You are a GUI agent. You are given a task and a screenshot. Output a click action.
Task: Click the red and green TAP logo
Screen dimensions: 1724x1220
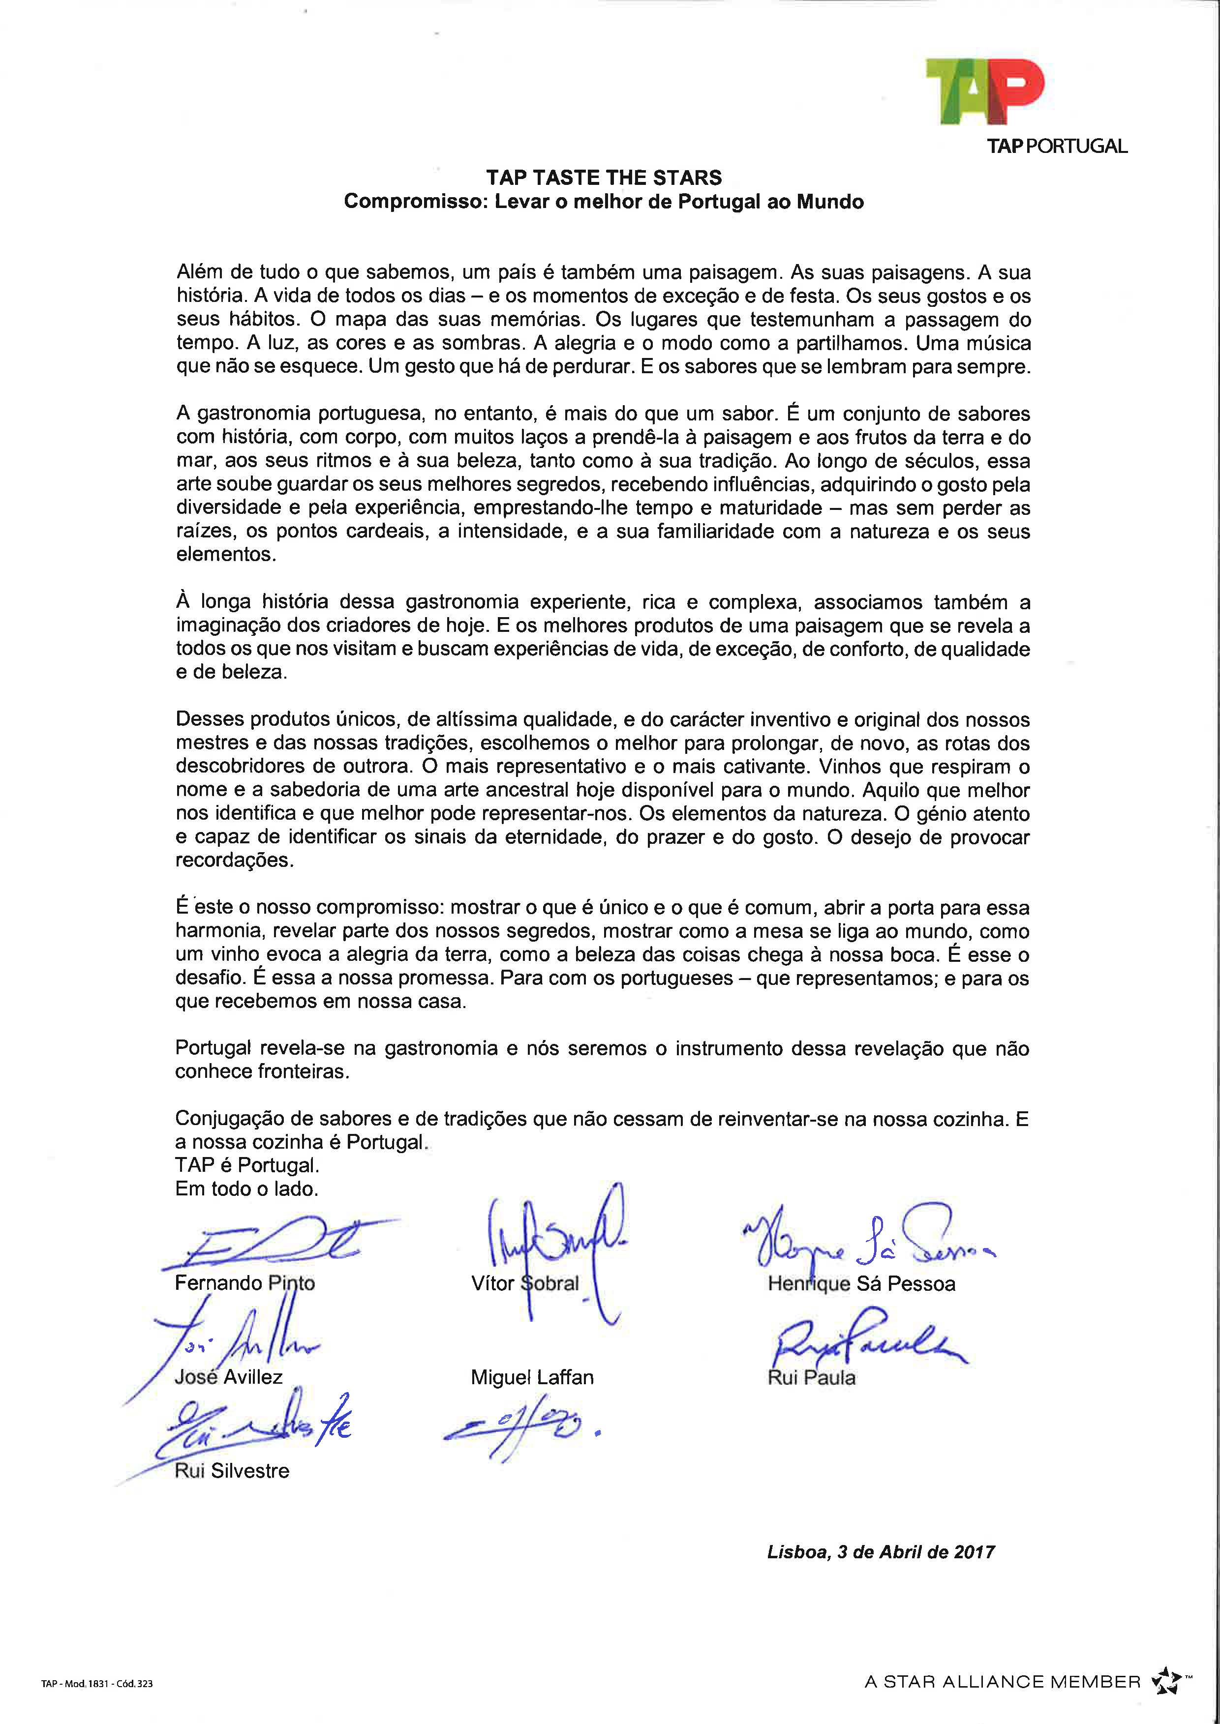pos(984,91)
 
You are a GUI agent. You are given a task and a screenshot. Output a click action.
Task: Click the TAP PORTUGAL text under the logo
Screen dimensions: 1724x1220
pos(1056,147)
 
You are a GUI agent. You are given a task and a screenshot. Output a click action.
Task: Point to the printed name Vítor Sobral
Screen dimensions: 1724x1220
pos(525,1283)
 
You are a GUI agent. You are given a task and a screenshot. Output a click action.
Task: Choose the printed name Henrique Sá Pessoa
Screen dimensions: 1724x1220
pos(861,1284)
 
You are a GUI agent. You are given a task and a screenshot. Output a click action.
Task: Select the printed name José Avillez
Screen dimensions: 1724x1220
pos(228,1377)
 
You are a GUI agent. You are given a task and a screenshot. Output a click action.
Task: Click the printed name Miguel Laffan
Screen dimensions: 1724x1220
pos(532,1378)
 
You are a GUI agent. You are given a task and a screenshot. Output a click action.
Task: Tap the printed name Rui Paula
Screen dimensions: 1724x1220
pos(811,1378)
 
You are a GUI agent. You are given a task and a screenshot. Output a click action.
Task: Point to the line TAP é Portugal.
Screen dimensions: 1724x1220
pos(247,1165)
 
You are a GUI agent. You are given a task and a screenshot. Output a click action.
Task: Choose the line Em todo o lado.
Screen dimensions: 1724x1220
pos(246,1189)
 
